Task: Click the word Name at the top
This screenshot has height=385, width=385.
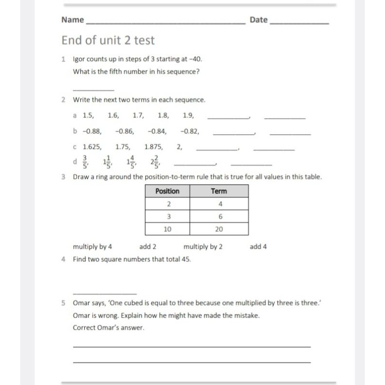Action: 73,20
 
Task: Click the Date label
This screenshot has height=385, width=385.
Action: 258,20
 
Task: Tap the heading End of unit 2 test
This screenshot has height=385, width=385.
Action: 108,40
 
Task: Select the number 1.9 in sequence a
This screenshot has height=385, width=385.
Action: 188,115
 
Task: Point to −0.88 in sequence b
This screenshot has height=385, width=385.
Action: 92,131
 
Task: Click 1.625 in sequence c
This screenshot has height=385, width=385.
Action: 92,147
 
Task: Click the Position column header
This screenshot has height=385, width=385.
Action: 167,191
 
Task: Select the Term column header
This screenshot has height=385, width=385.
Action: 218,191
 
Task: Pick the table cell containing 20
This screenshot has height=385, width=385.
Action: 218,229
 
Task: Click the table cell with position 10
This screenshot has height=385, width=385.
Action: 167,229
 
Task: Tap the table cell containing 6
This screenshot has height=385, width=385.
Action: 218,217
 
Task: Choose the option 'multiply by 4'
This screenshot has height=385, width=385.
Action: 92,247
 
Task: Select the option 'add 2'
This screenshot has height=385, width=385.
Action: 148,247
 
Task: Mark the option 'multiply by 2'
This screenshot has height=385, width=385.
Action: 203,247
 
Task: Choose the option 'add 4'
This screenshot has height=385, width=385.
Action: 258,247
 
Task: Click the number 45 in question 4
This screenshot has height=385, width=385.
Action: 185,259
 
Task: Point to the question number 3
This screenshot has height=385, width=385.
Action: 64,177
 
